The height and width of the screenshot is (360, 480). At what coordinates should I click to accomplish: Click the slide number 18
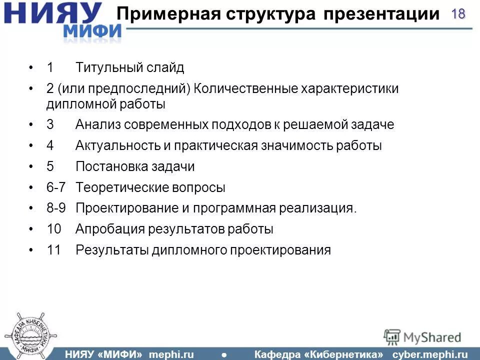(x=458, y=14)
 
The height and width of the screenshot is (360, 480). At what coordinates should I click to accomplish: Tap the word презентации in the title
(x=380, y=13)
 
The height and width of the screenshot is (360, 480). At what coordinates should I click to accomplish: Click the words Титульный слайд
(x=130, y=67)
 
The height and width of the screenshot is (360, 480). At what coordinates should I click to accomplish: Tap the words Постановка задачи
(x=135, y=166)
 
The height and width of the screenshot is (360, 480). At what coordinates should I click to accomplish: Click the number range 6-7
(x=56, y=187)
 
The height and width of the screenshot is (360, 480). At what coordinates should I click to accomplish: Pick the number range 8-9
(x=56, y=208)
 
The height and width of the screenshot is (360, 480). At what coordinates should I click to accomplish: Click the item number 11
(x=53, y=250)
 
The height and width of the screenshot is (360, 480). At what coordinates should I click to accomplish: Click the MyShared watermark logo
(x=422, y=337)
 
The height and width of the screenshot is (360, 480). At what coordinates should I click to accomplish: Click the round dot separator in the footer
(x=223, y=354)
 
